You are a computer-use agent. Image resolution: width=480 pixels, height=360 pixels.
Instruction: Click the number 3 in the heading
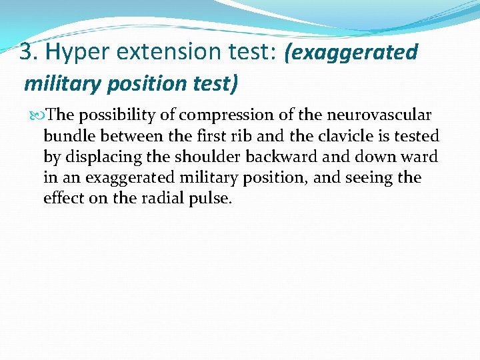point(25,51)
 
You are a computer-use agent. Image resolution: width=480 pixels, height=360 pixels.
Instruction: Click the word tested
point(415,136)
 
